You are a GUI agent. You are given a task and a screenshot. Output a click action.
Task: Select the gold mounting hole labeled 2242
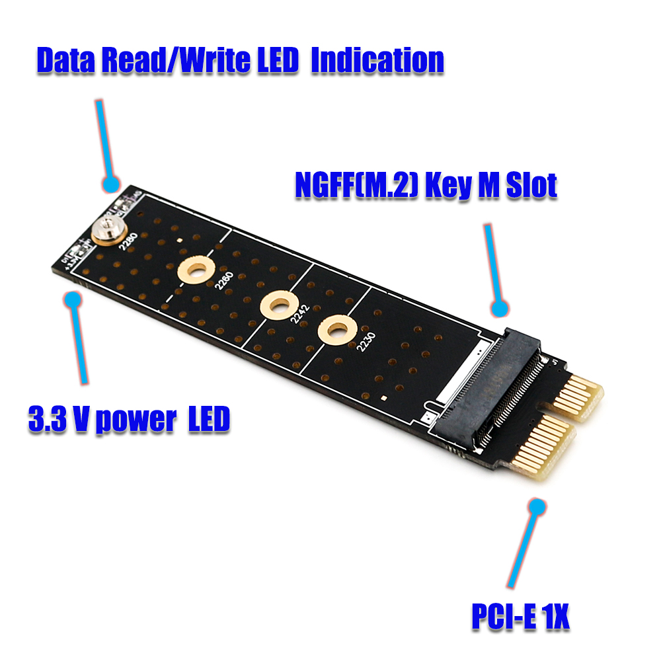[277, 305]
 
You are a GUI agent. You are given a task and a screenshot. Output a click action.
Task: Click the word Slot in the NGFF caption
[531, 186]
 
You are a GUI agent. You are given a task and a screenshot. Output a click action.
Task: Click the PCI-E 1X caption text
[520, 617]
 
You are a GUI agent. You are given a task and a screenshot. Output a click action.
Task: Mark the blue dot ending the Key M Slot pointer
[501, 308]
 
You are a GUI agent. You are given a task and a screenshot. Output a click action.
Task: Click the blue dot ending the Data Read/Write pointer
[111, 184]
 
